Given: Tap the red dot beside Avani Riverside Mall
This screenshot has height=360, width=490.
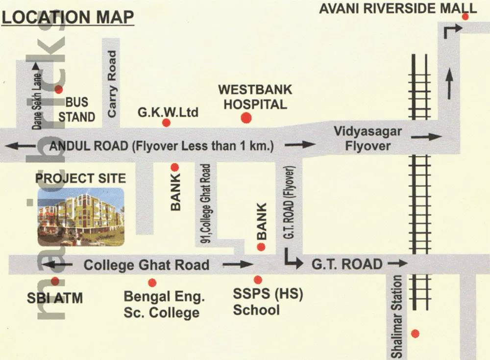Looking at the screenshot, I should (x=465, y=17).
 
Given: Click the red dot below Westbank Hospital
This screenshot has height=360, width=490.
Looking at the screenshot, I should (x=245, y=118).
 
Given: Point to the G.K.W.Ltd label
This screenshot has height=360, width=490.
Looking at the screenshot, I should (x=168, y=113).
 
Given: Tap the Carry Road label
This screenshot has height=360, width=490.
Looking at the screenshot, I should (x=112, y=84).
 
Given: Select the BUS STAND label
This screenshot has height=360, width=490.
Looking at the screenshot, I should (x=77, y=109).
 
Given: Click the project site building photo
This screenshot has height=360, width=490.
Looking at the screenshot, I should (x=81, y=217).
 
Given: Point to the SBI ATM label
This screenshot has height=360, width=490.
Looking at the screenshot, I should (x=54, y=297).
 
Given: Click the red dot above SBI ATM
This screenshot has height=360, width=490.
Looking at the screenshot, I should (x=55, y=281).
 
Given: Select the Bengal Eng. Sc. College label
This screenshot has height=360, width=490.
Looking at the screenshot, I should (x=164, y=304).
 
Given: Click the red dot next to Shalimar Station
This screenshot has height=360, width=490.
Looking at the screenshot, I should (x=415, y=334).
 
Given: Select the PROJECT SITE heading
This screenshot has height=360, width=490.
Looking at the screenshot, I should (x=80, y=178).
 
